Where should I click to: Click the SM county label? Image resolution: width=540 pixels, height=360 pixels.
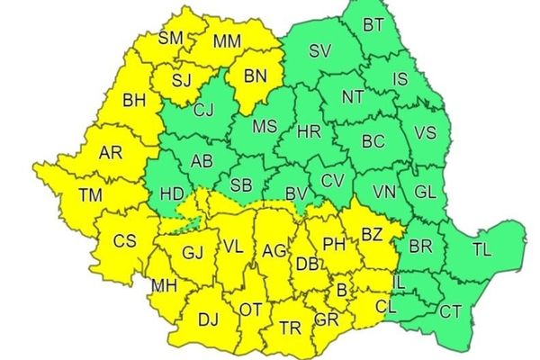point(169,38)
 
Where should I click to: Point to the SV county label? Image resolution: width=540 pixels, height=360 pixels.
point(319,52)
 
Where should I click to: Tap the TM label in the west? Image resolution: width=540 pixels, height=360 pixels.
point(91,193)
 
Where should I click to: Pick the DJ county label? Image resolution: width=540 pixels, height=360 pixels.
point(207,317)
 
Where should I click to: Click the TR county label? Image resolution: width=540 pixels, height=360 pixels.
point(290,327)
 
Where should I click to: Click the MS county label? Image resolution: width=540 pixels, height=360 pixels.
point(264,127)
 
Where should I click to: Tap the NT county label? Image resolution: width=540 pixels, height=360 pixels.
point(353,95)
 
